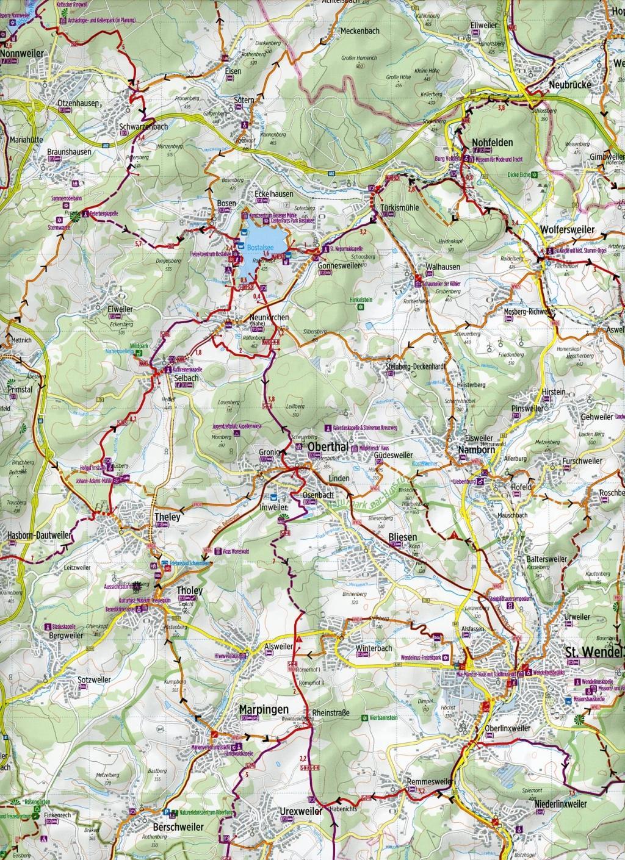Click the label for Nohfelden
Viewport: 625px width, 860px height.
pyautogui.click(x=493, y=143)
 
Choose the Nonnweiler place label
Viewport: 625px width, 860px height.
pyautogui.click(x=23, y=54)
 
